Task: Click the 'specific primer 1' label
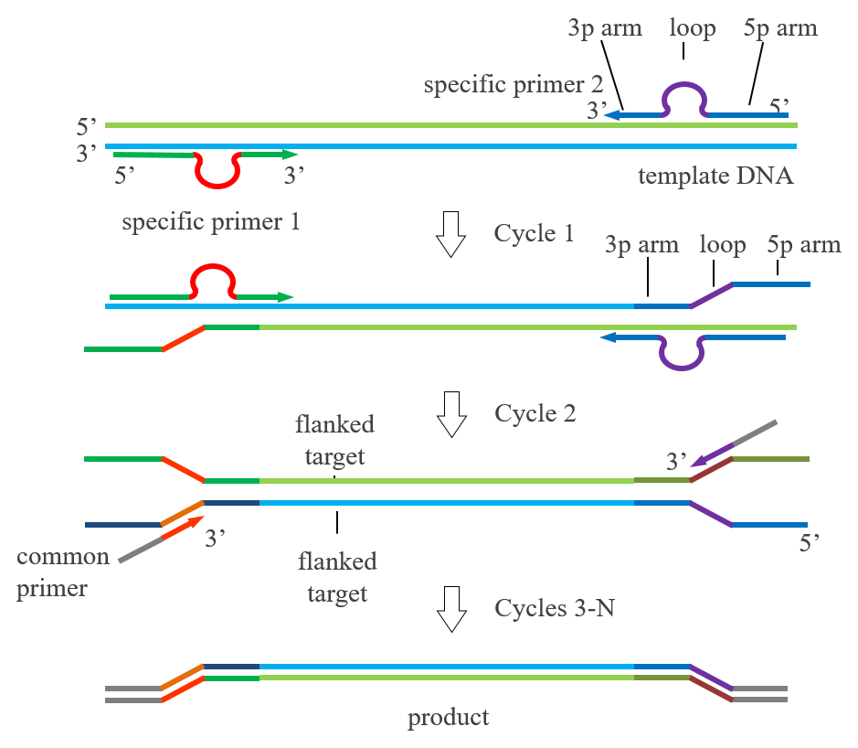click(x=211, y=222)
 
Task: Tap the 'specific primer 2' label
click(x=514, y=85)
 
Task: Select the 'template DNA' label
click(x=715, y=176)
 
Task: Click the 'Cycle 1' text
click(x=534, y=233)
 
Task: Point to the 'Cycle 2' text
click(x=535, y=413)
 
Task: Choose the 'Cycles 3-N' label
click(x=555, y=608)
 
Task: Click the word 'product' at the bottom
click(x=448, y=718)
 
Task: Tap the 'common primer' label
click(x=63, y=572)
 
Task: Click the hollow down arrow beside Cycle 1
click(x=450, y=234)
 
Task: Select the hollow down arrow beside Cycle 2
click(x=451, y=414)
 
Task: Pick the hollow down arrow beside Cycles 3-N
click(x=451, y=609)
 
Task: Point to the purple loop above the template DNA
click(x=684, y=84)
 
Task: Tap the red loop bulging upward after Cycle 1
click(x=213, y=266)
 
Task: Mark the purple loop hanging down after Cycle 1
click(x=682, y=368)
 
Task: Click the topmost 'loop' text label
click(x=693, y=28)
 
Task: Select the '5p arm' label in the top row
click(x=780, y=28)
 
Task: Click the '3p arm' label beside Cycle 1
click(x=641, y=245)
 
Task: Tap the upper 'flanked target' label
click(x=334, y=440)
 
